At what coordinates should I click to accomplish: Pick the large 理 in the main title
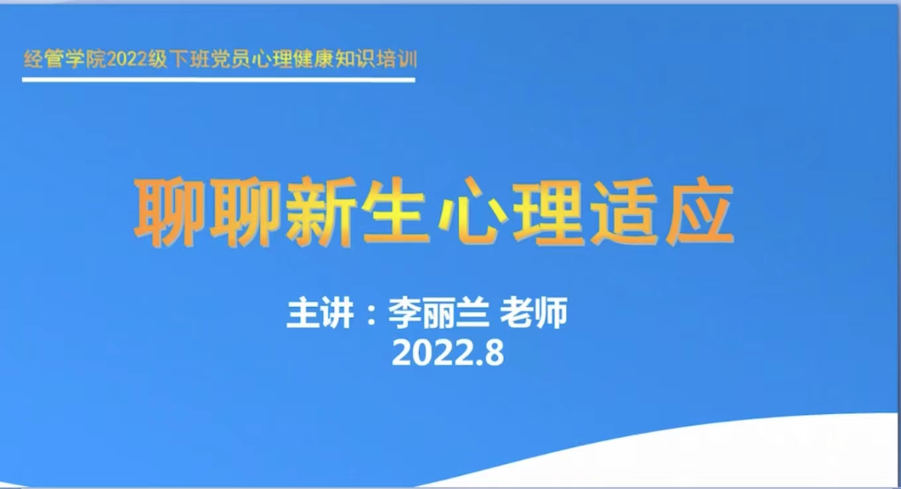coord(549,211)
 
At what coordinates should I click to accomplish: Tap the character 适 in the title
coord(625,211)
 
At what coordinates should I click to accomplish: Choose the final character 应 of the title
coord(700,211)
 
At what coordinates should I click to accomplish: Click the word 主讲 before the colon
coord(320,313)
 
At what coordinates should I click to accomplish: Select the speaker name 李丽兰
coord(439,313)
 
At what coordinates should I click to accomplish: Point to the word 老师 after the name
coord(533,313)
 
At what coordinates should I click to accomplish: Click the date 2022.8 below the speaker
coord(448,353)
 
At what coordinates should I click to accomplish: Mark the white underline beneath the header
coord(218,80)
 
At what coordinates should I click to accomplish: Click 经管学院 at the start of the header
coord(64,60)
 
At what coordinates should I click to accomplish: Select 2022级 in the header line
coord(137,60)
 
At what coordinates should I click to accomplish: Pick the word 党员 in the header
coord(230,60)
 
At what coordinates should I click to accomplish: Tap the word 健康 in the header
coord(314,60)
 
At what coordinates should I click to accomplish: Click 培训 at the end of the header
coord(397,60)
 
